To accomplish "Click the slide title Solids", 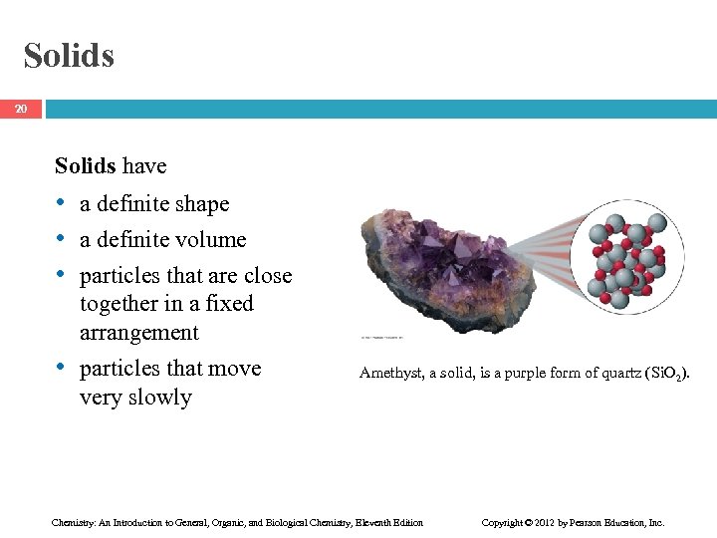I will pyautogui.click(x=69, y=56).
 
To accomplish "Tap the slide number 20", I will pyautogui.click(x=21, y=109).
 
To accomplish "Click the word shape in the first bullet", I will pyautogui.click(x=203, y=204).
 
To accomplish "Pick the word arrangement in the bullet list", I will pyautogui.click(x=139, y=333).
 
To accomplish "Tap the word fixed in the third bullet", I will pyautogui.click(x=229, y=304).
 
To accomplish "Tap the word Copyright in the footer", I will pyautogui.click(x=503, y=522).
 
